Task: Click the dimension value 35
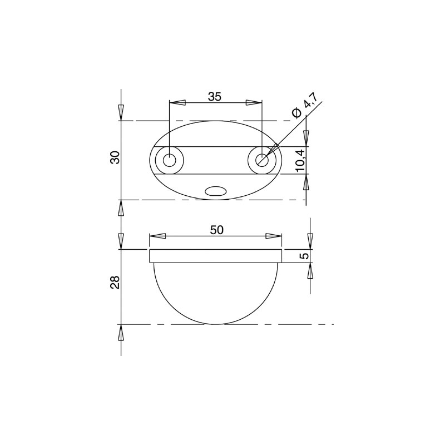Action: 214,96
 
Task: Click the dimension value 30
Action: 115,157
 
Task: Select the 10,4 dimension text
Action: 300,160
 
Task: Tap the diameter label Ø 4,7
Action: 305,105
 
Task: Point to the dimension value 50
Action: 217,230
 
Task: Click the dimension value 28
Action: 115,283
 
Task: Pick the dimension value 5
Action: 304,256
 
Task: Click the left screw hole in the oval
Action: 170,160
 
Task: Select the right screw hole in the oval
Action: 262,160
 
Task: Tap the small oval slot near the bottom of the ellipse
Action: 216,191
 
